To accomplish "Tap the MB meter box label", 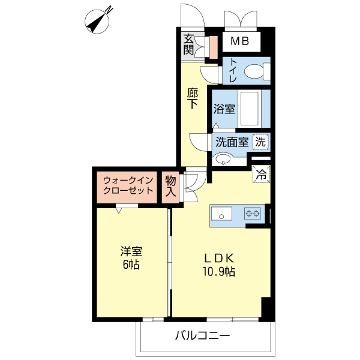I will point(241,42).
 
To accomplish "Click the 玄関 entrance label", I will point(189,45).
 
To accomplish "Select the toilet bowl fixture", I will point(259,71).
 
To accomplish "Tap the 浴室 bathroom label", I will point(224,109).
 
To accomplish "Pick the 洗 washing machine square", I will point(260,142).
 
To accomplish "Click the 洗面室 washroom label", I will point(232,143).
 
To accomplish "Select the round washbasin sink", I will point(224,160).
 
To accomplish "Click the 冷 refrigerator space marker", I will point(261,175).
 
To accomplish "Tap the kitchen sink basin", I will point(220,214).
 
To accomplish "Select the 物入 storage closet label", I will point(170,187).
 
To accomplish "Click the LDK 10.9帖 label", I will point(219,264).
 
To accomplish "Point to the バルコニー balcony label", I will point(202,335).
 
